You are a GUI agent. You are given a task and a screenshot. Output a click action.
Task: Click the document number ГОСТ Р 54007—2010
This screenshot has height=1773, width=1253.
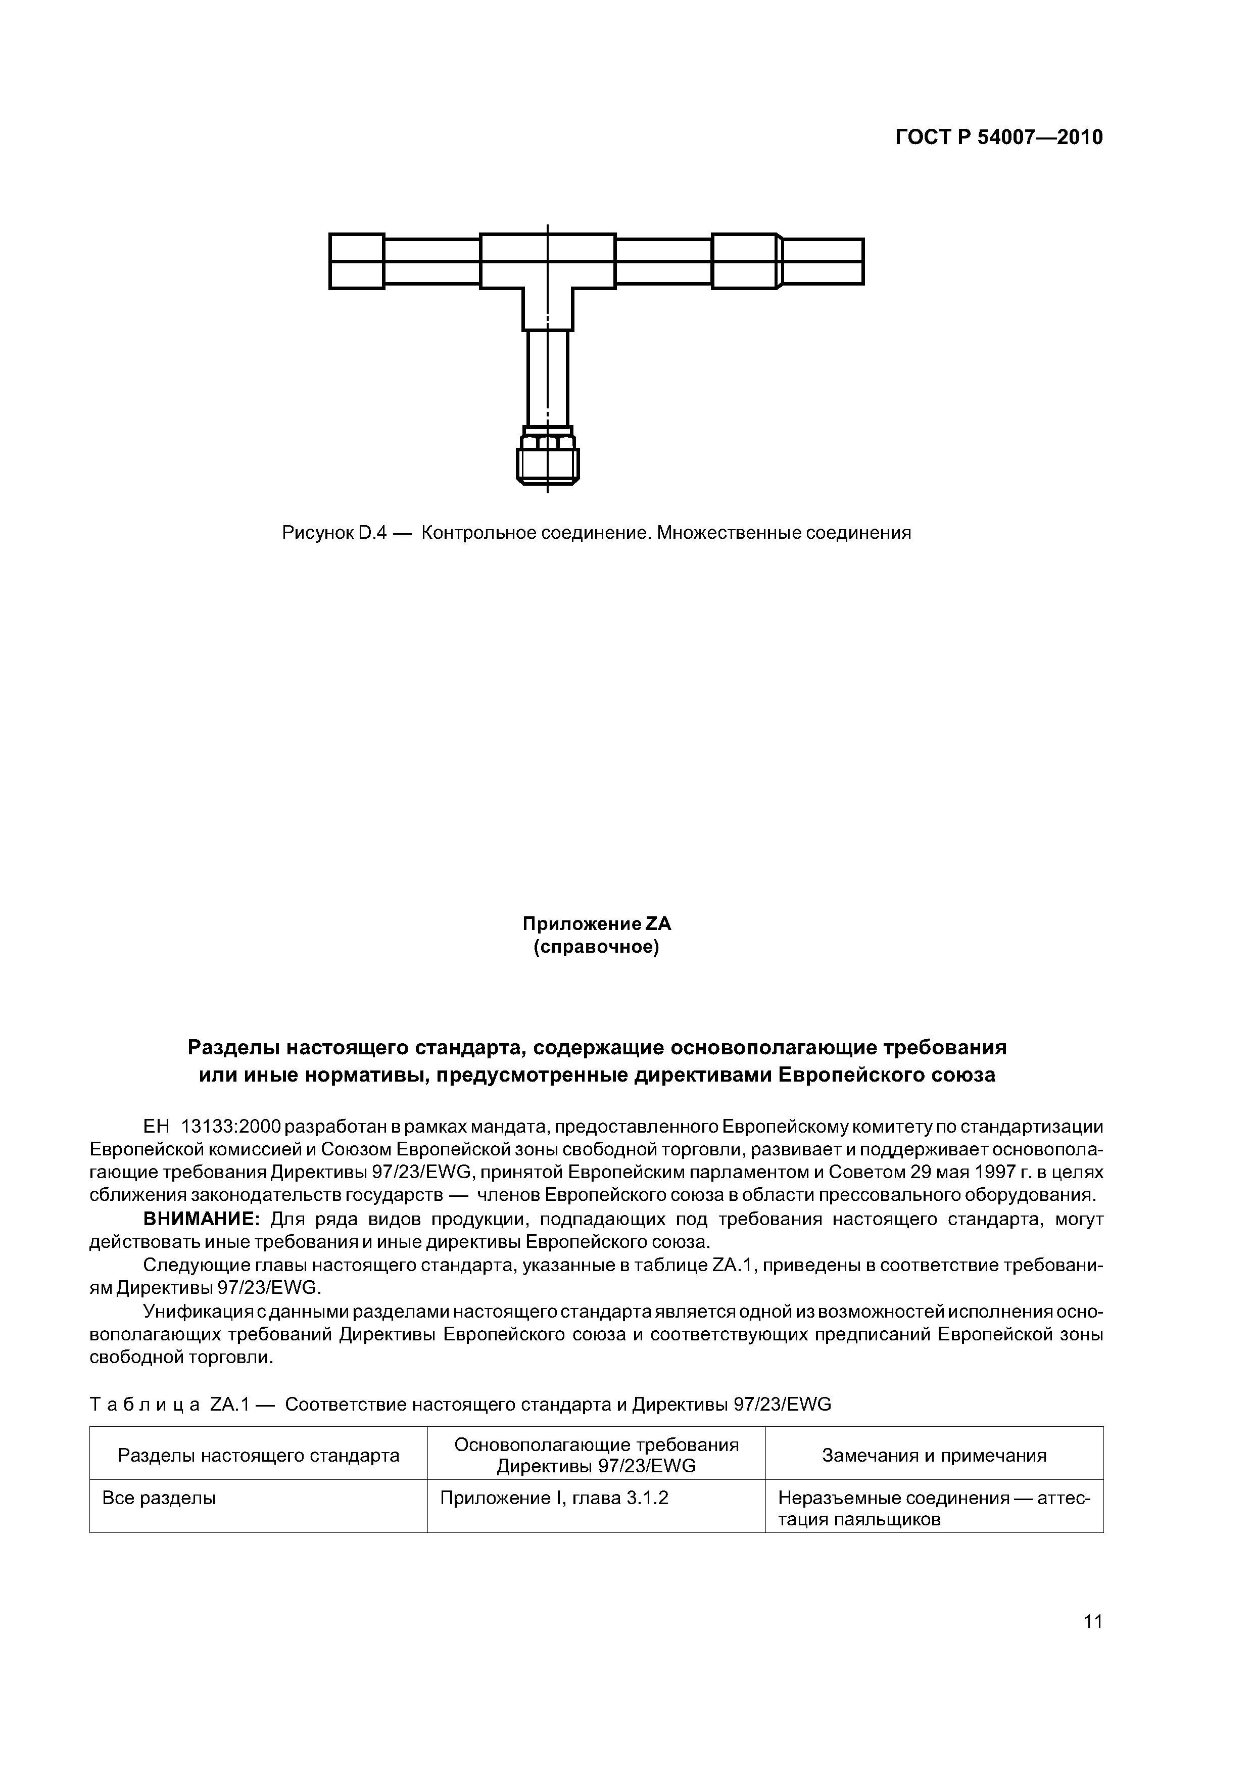pyautogui.click(x=998, y=137)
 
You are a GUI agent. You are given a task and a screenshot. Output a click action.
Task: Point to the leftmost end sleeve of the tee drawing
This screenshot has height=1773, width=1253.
pyautogui.click(x=357, y=261)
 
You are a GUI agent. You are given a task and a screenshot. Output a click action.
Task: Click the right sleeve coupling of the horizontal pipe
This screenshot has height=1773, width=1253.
pyautogui.click(x=744, y=261)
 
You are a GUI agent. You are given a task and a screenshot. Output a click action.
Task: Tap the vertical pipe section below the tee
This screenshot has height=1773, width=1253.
pyautogui.click(x=547, y=377)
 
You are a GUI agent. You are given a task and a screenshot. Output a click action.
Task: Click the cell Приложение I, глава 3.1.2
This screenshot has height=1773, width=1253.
pyautogui.click(x=554, y=1499)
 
